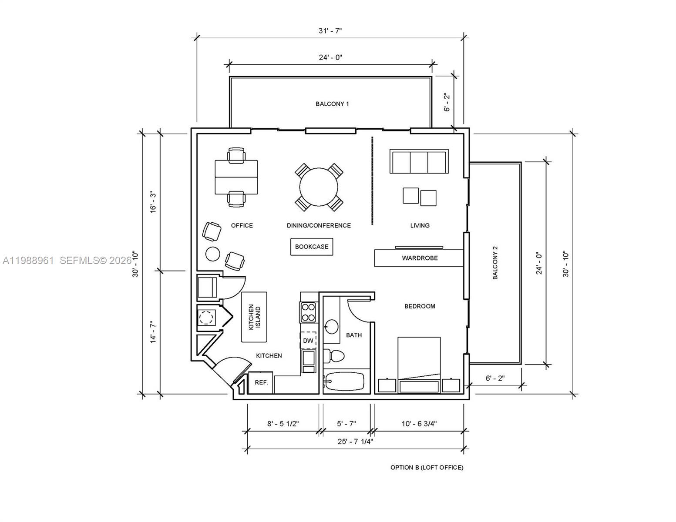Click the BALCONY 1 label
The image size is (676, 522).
coord(332,104)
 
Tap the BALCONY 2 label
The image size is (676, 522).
coord(495,263)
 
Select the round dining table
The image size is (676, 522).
coord(319,187)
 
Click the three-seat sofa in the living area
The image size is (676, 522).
coord(419,161)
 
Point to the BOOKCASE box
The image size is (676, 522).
coord(312,247)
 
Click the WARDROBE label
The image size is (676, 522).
coord(420,258)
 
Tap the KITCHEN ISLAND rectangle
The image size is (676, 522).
coord(254,317)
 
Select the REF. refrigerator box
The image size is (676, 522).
coord(261,383)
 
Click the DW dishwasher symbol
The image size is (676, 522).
coord(308,341)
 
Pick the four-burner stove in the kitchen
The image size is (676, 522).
coord(308,312)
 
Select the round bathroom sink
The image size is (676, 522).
coord(332,326)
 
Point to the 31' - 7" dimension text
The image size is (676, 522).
coord(330,30)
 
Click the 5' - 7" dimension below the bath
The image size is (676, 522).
coord(346,423)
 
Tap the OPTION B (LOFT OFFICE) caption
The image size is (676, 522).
coord(427,468)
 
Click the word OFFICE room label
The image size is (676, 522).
coord(242,225)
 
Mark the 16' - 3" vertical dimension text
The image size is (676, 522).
coord(153,202)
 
